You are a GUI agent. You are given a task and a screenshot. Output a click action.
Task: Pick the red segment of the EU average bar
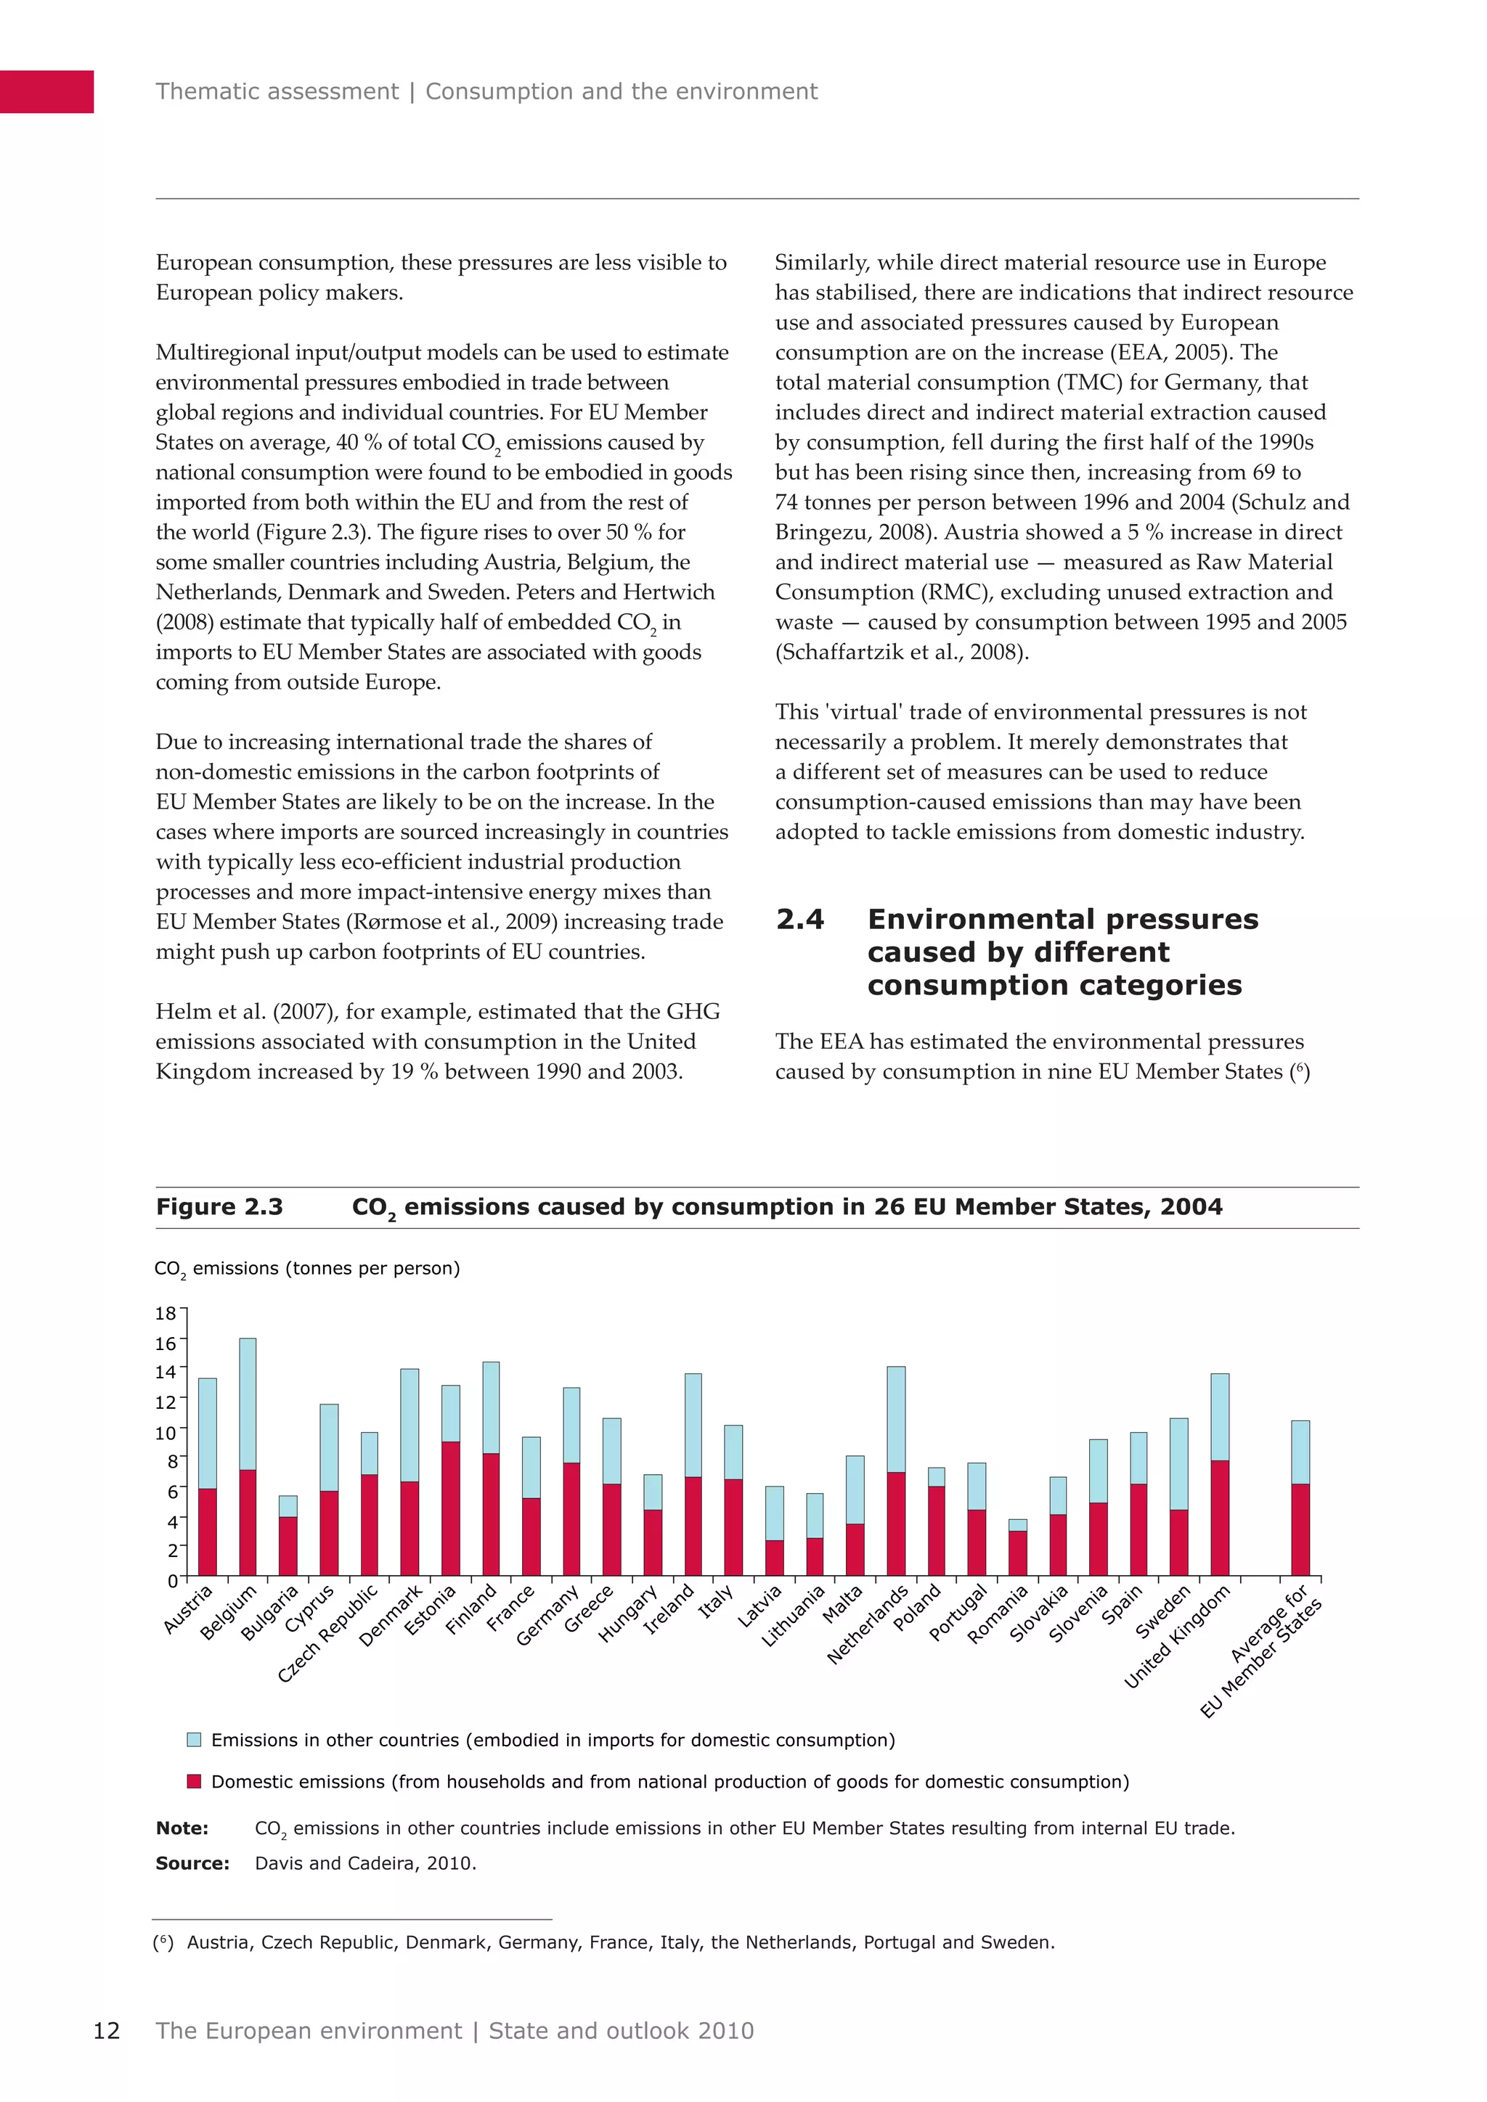tap(1300, 1529)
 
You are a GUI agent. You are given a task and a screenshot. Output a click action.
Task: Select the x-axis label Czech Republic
tap(327, 1634)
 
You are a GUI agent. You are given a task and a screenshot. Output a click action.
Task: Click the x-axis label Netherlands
tap(868, 1625)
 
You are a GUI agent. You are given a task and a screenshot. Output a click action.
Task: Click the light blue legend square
tap(194, 1740)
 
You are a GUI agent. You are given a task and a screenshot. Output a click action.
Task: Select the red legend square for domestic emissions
tap(194, 1782)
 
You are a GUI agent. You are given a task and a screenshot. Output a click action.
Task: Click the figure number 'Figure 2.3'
tap(220, 1206)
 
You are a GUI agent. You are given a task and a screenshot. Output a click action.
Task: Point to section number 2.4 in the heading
tap(799, 919)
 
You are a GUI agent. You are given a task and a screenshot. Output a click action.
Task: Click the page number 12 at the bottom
tap(106, 2031)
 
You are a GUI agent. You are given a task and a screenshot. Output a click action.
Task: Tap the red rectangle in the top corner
tap(46, 91)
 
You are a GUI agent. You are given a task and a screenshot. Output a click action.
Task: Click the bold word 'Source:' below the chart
tap(192, 1863)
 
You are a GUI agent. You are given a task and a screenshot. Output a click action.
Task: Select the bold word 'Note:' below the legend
tap(182, 1828)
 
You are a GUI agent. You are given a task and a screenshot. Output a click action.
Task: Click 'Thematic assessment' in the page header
tap(277, 91)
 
